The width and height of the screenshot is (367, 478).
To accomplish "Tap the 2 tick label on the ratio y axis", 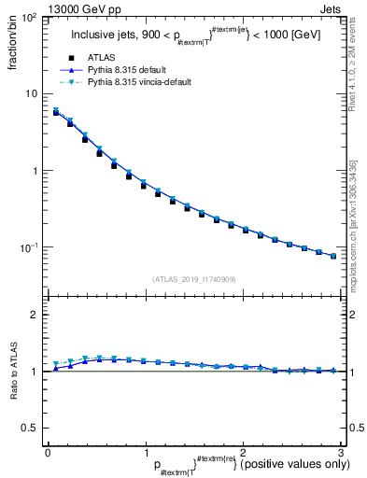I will coord(34,316).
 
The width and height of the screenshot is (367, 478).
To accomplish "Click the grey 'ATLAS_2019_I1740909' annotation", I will coord(193,278).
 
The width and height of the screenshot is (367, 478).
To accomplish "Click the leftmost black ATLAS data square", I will coord(56,113).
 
